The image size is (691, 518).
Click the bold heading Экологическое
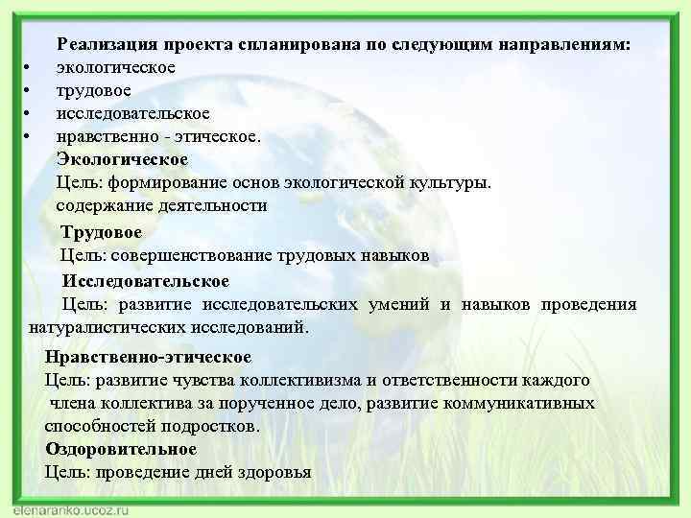123,158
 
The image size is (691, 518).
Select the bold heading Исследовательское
146,281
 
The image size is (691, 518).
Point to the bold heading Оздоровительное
121,449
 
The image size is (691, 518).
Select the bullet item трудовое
101,90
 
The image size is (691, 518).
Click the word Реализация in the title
107,43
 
